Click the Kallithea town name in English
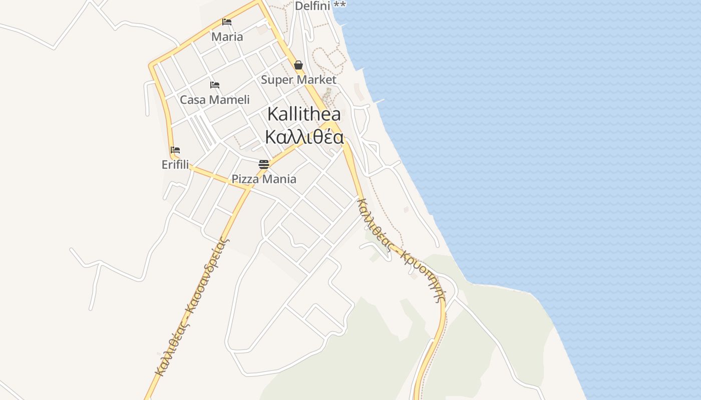tap(304, 113)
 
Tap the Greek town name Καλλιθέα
tap(304, 137)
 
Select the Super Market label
tap(298, 79)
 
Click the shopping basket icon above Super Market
tap(298, 65)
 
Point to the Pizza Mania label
tap(264, 179)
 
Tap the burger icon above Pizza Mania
tap(264, 164)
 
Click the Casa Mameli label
tap(214, 99)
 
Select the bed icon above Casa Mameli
tap(215, 84)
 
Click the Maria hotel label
tap(227, 36)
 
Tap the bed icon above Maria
tap(227, 22)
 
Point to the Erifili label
tap(175, 164)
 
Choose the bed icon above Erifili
tap(175, 149)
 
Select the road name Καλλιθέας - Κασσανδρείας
tap(192, 307)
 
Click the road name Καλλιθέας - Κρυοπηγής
tap(401, 250)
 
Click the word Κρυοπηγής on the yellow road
tap(426, 275)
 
